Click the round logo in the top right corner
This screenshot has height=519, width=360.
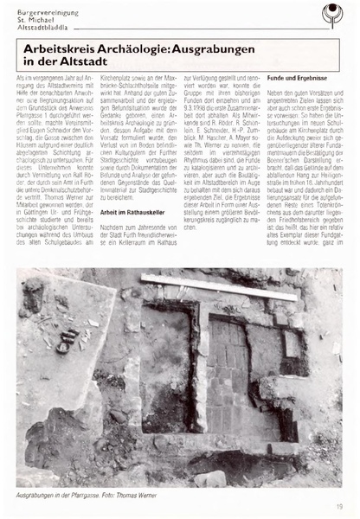(332, 15)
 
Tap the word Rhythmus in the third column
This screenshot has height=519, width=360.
(201, 170)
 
